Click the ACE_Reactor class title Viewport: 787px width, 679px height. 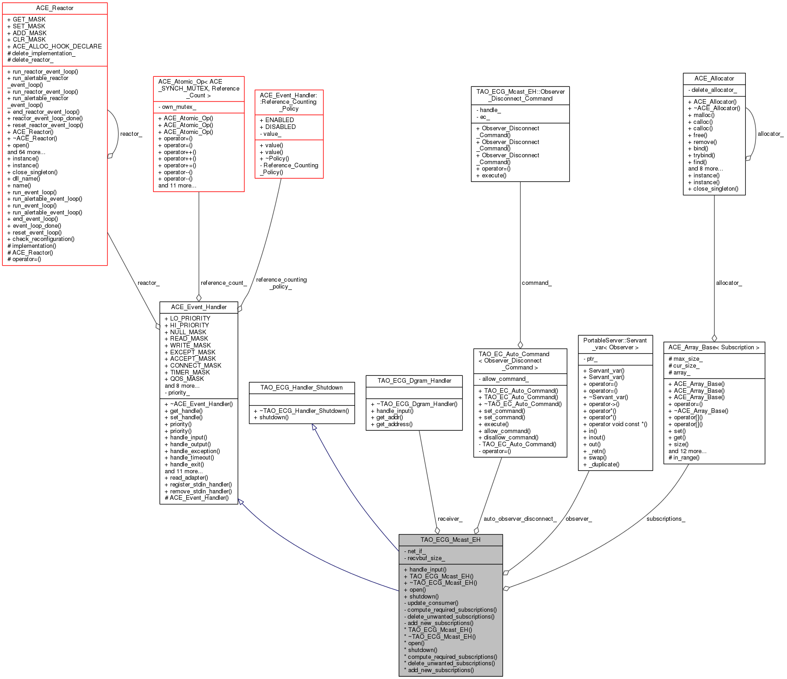click(x=54, y=8)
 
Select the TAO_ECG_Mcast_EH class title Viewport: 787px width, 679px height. click(x=450, y=540)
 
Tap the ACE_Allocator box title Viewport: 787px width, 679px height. click(x=714, y=79)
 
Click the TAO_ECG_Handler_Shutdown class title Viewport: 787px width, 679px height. click(x=302, y=387)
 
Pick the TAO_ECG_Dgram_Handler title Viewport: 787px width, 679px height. click(x=414, y=380)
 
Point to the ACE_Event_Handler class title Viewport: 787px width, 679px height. click(x=199, y=307)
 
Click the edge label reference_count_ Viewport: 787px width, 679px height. click(x=223, y=283)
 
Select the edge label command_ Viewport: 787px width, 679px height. click(x=536, y=283)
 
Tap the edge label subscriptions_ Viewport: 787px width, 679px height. click(x=665, y=519)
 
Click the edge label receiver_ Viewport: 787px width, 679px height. click(x=450, y=519)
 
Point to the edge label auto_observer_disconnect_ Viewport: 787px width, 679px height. click(x=520, y=519)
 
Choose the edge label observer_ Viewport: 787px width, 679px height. click(x=578, y=519)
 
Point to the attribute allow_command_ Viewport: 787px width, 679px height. click(x=505, y=379)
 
